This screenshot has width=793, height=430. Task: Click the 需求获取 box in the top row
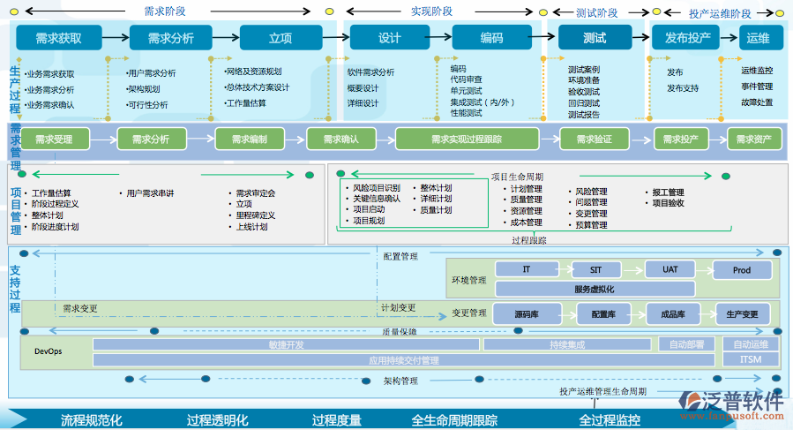click(x=59, y=38)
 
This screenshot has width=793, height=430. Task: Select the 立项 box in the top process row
click(x=281, y=38)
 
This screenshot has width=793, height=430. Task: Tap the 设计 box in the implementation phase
click(x=389, y=38)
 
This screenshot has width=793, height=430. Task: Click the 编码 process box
click(x=491, y=38)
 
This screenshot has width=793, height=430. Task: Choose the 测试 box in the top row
click(x=595, y=38)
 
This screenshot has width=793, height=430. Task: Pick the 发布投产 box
click(x=687, y=38)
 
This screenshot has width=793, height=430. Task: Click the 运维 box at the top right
click(x=758, y=38)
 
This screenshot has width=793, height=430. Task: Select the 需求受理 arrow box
click(x=54, y=140)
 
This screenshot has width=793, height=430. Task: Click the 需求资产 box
click(x=753, y=140)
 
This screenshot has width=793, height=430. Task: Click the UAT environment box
click(x=670, y=269)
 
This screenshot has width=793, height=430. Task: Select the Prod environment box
click(x=741, y=270)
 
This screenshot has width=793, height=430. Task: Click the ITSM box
click(x=750, y=359)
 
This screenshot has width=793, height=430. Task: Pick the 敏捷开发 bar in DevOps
click(x=286, y=344)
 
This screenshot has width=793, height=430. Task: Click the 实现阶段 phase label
click(x=431, y=11)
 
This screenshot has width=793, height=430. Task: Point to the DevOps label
click(x=49, y=351)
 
